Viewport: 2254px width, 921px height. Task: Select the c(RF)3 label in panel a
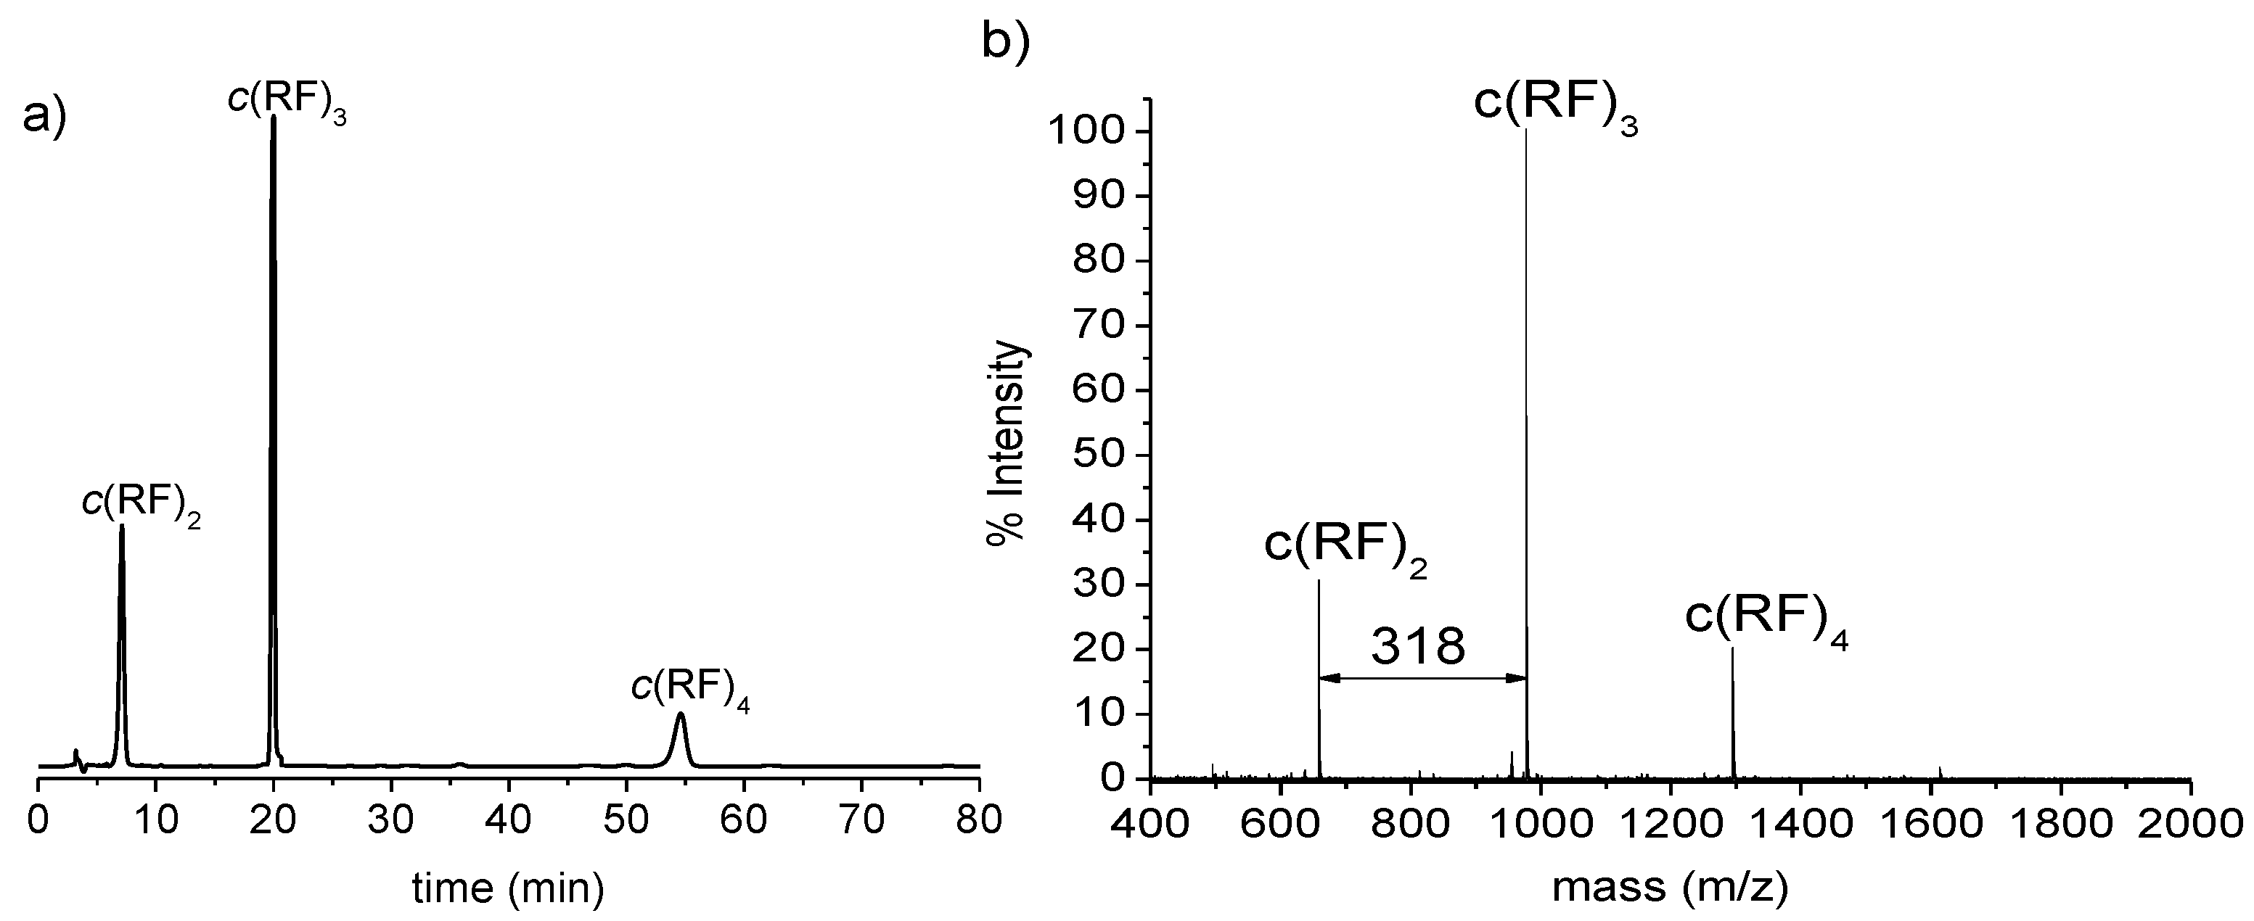[x=287, y=101]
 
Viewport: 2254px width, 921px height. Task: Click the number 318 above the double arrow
[x=1417, y=647]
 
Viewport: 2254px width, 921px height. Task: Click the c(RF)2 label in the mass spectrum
[x=1345, y=546]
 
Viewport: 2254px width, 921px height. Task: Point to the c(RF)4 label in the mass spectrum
[x=1766, y=617]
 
